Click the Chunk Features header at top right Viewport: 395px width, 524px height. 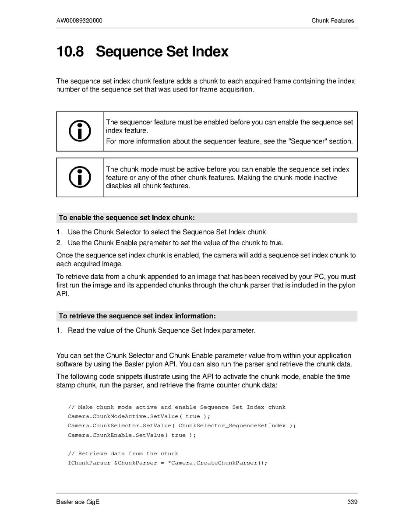(x=332, y=21)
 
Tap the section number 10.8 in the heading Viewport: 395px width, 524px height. (x=70, y=52)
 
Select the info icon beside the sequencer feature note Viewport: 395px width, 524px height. (x=80, y=131)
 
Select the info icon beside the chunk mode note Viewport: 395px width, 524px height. (x=80, y=177)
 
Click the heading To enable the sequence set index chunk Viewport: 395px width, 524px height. (x=127, y=218)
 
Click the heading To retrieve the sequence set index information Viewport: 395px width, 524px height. (x=137, y=316)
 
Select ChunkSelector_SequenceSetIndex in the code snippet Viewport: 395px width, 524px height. (x=232, y=426)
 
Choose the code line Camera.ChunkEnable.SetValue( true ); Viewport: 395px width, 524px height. (x=132, y=435)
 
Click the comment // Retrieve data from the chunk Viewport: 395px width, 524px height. (x=123, y=454)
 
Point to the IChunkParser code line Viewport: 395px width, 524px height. (x=167, y=463)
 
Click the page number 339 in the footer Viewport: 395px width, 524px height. (x=352, y=502)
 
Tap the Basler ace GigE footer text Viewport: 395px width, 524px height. (x=78, y=502)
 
